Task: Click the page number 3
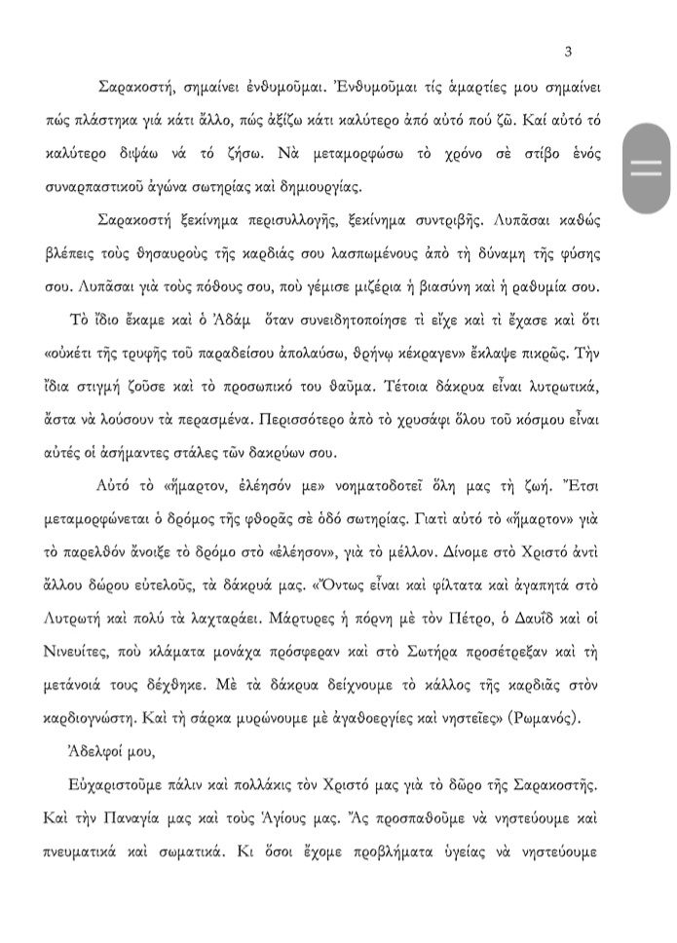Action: point(568,52)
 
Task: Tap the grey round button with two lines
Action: point(646,168)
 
